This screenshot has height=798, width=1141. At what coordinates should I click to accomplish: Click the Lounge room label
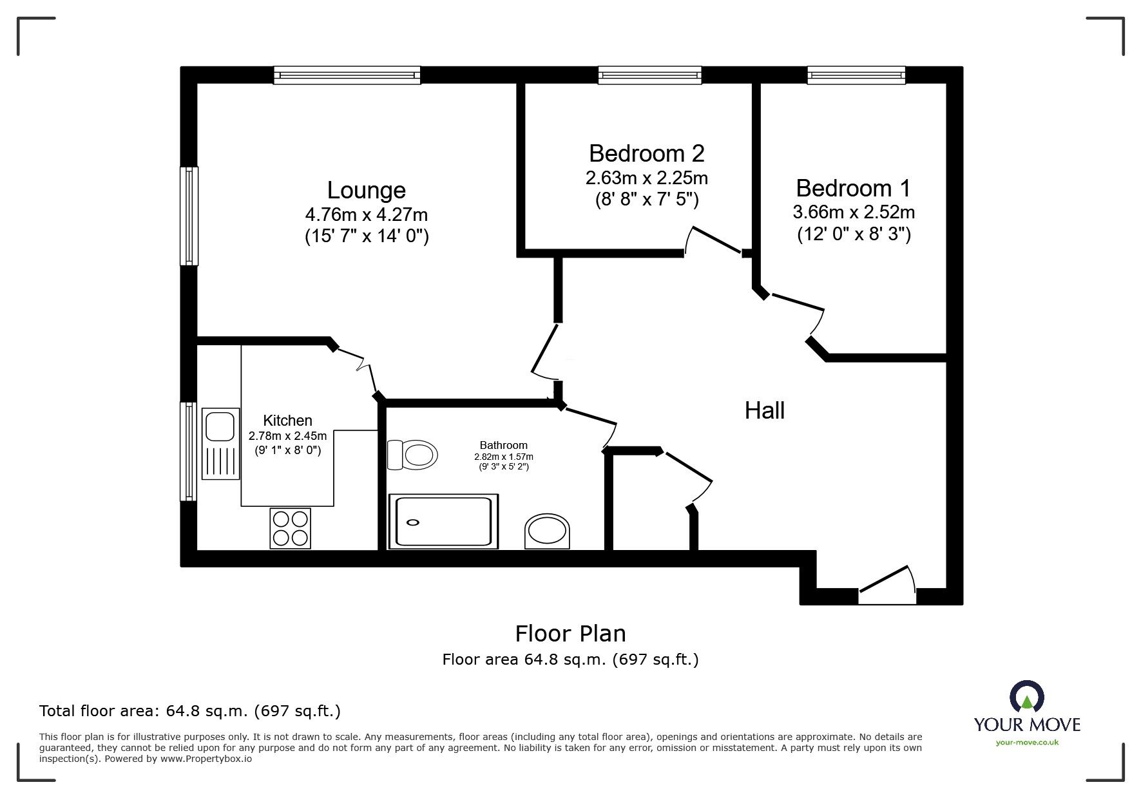coord(366,190)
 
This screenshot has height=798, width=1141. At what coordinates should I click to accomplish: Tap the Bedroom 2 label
coord(646,153)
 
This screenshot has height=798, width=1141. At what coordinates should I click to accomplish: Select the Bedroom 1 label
coord(853,188)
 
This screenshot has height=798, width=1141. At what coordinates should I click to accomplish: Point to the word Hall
coord(764,410)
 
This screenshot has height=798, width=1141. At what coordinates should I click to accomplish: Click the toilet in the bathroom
coord(412,455)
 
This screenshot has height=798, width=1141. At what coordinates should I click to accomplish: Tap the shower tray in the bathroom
coord(443,522)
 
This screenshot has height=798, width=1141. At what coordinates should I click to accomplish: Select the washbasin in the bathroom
coord(548,531)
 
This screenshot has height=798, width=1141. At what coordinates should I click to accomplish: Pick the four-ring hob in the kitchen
coord(290,528)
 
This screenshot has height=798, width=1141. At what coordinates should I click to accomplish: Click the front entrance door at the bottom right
coord(887,583)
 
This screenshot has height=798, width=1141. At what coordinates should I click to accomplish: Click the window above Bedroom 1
coord(856,75)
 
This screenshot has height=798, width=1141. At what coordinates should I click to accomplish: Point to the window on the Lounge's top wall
coord(347,75)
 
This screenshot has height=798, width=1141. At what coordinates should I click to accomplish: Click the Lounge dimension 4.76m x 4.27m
coord(366,214)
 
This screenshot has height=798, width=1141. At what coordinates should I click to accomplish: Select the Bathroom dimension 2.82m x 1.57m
coord(503,457)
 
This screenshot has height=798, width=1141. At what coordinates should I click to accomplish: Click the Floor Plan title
coord(570,633)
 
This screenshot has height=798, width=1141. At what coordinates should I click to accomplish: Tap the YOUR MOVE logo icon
coord(1026,697)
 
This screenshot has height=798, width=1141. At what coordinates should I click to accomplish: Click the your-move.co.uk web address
coord(1027,743)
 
